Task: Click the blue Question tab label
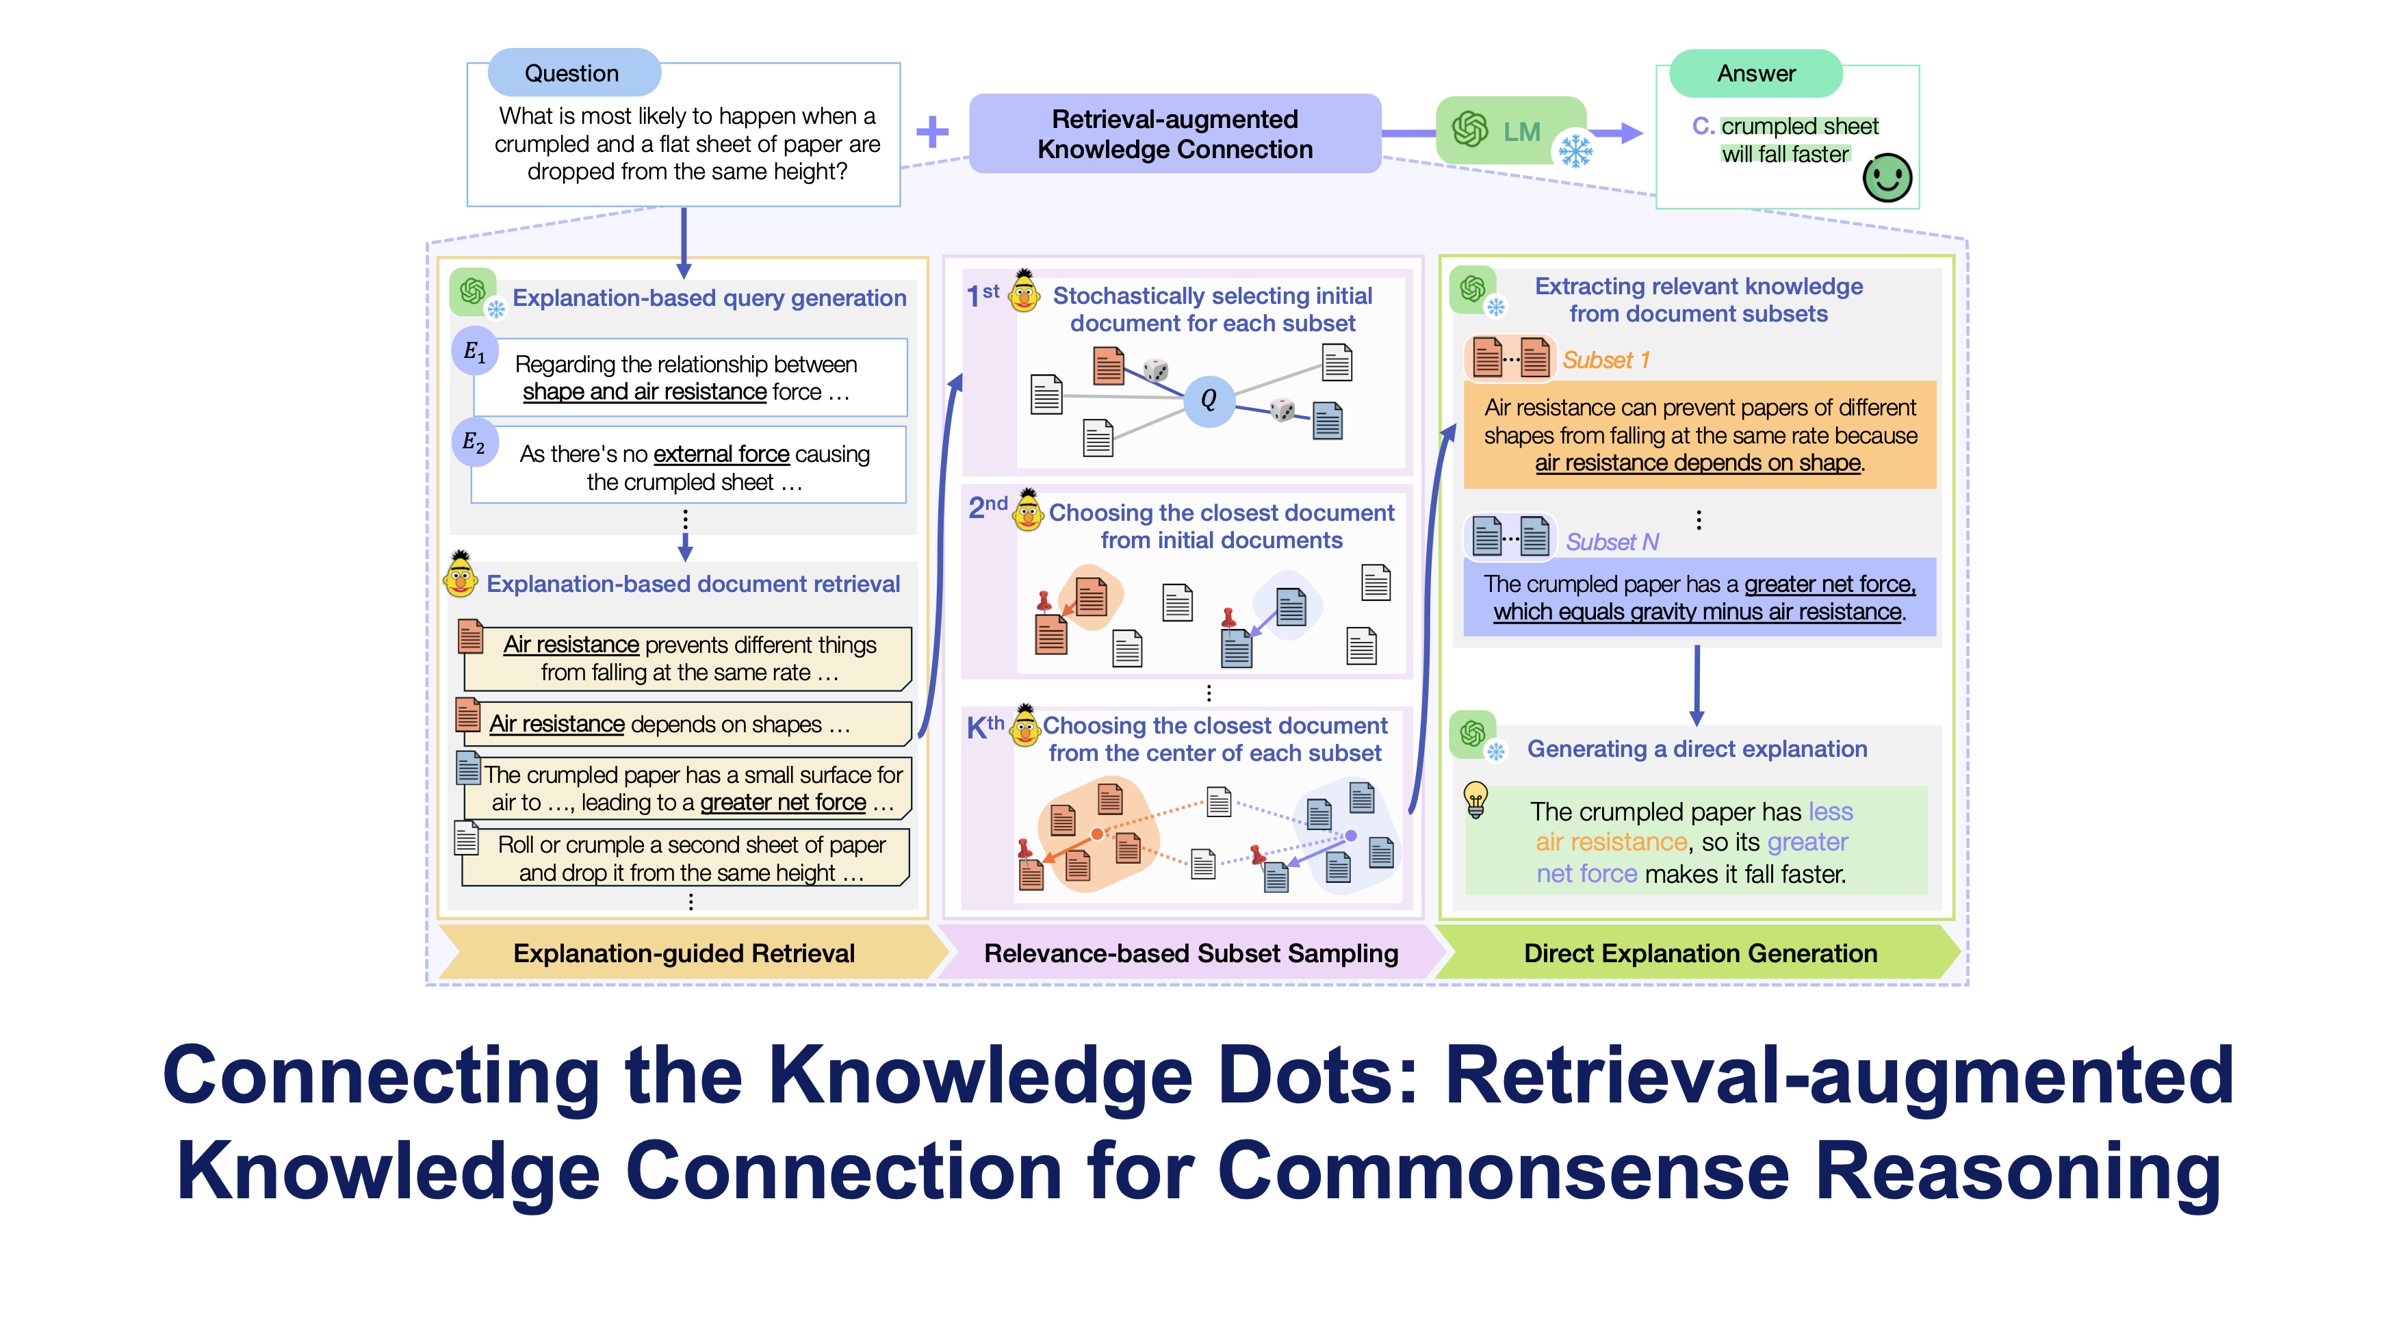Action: pos(573,73)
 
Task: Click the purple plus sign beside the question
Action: pos(932,132)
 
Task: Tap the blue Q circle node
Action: pos(1209,400)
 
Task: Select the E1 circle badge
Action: pos(475,352)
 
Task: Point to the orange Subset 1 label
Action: pos(1606,360)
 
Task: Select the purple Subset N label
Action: pos(1612,541)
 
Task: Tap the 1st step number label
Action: pos(983,295)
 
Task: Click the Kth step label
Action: pos(985,727)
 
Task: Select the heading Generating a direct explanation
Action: pos(1697,749)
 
